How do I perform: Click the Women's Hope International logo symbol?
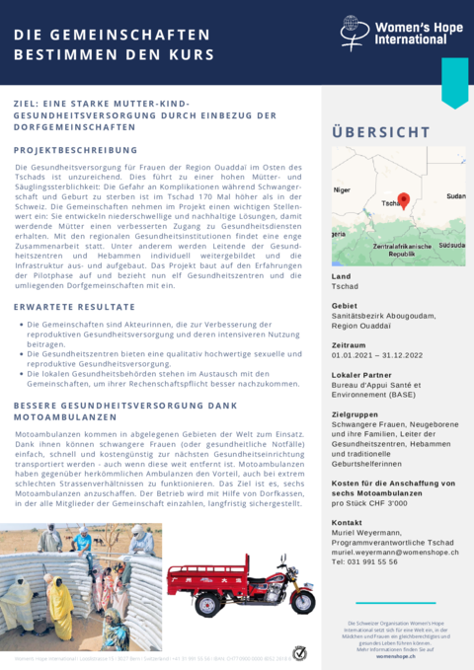point(350,30)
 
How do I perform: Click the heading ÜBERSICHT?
point(381,132)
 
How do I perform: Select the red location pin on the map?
point(404,200)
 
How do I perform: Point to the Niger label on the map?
point(343,188)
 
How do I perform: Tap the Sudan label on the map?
point(455,196)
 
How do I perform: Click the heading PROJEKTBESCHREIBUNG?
point(75,151)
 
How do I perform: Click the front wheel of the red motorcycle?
point(301,602)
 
